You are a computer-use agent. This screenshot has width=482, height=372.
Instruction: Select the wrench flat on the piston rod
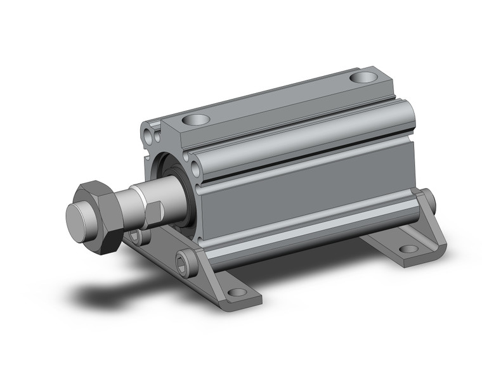[x=155, y=214]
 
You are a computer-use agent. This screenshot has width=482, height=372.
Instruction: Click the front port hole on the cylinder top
[x=195, y=119]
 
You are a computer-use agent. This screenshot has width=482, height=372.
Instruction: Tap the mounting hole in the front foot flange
[x=237, y=292]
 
